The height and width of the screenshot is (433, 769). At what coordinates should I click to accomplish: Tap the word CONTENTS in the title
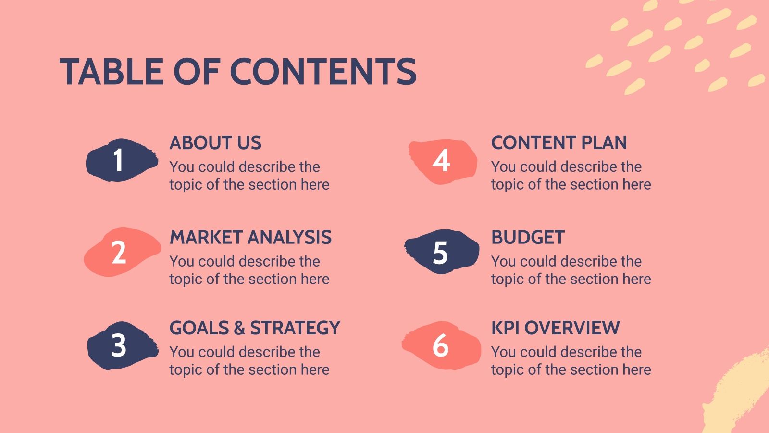click(323, 72)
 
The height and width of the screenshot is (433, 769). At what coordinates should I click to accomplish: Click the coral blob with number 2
click(121, 252)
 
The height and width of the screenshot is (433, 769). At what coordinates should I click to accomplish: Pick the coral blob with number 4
click(442, 161)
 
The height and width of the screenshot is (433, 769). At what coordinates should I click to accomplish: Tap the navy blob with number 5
click(441, 252)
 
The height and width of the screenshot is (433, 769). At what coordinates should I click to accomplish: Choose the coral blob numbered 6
click(441, 345)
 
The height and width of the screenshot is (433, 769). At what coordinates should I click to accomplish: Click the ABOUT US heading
click(215, 143)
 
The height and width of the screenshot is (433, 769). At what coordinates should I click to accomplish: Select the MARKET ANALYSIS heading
click(250, 238)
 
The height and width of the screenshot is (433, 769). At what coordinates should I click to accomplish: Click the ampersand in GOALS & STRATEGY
click(239, 328)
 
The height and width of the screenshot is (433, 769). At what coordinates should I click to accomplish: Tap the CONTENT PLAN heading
click(559, 143)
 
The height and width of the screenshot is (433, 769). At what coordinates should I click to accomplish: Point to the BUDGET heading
click(528, 238)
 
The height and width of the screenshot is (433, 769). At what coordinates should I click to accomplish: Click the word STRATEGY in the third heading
click(295, 328)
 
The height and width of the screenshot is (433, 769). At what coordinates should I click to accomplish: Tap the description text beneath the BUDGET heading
click(571, 270)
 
